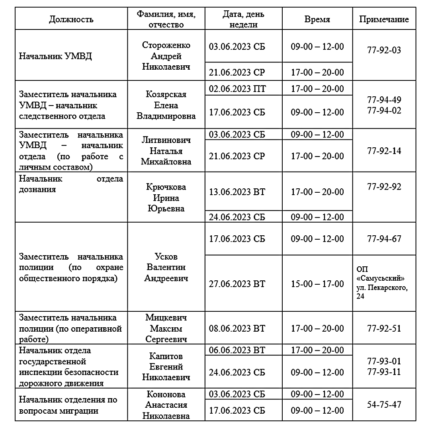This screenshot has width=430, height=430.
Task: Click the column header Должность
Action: click(x=71, y=20)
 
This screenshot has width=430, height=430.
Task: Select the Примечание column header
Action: click(x=384, y=20)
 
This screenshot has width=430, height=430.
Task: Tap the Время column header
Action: click(x=317, y=20)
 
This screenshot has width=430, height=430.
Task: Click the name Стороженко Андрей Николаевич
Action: click(x=166, y=56)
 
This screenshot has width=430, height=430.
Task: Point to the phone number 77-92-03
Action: click(x=384, y=50)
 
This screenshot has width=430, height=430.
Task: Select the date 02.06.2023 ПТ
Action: click(x=237, y=88)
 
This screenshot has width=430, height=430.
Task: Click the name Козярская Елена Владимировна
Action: click(x=166, y=106)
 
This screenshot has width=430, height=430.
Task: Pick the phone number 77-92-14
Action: click(x=384, y=151)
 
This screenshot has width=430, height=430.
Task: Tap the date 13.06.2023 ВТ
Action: click(x=237, y=192)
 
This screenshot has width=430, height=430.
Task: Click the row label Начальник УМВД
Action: click(x=55, y=56)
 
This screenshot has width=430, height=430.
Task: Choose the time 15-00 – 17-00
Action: click(x=317, y=284)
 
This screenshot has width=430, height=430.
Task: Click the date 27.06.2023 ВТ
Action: click(x=237, y=284)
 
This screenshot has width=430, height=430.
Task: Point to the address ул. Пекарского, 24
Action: click(x=382, y=292)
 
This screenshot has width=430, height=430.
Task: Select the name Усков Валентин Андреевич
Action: click(x=166, y=267)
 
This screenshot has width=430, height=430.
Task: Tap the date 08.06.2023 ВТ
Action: click(x=237, y=328)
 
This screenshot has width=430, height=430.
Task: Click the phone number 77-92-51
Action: click(x=384, y=328)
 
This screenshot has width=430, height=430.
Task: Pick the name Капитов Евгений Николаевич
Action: click(x=166, y=366)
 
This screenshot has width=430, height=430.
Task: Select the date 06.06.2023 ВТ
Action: click(x=237, y=350)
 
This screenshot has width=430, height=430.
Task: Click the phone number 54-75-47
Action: click(x=384, y=404)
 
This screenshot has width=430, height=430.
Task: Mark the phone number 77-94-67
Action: click(x=384, y=239)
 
